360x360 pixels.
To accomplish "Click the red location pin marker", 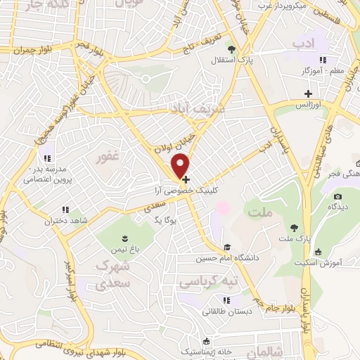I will coord(181,165).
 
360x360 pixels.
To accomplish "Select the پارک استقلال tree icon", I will coord(231,49).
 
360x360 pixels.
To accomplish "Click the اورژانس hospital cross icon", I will coord(307,94).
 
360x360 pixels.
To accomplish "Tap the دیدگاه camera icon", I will coord(337,196).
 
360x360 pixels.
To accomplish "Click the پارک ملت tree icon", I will coord(294,227).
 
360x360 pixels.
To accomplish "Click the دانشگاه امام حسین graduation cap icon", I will coord(227,247).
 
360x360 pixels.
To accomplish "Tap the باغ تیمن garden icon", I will coord(125,238).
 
